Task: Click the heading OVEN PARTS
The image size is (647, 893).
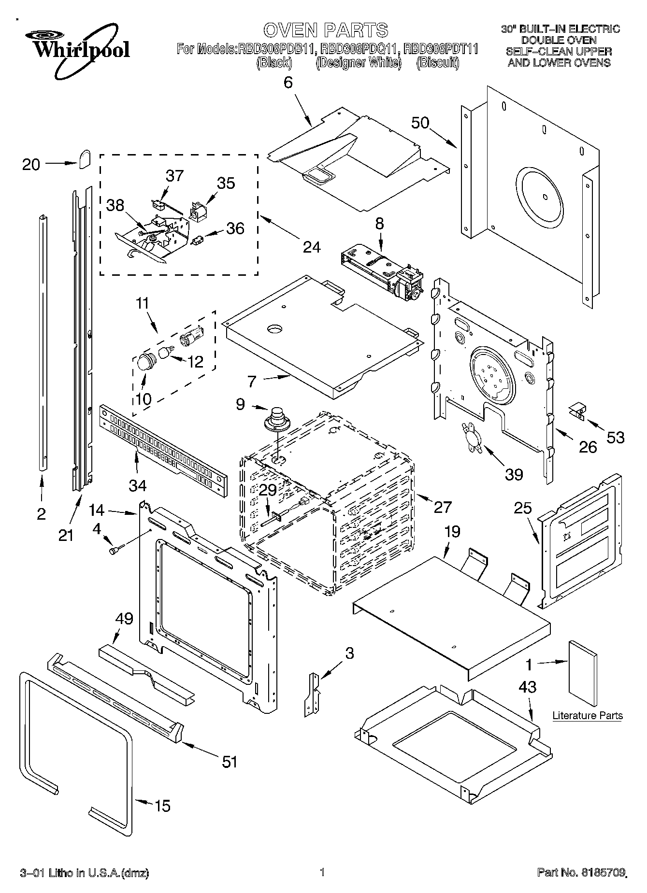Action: click(x=326, y=30)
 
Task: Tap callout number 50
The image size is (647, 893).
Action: click(x=420, y=123)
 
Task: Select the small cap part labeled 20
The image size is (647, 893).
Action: click(x=85, y=158)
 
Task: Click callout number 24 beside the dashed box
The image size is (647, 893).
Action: click(x=312, y=247)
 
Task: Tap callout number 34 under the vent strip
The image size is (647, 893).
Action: click(x=137, y=484)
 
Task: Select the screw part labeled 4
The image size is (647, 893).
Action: click(x=116, y=550)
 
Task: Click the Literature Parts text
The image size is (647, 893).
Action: click(x=587, y=716)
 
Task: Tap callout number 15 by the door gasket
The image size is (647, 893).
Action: click(x=163, y=806)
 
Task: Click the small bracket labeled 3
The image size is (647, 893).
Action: click(x=312, y=694)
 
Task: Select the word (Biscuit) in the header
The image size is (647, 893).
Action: click(x=438, y=63)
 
